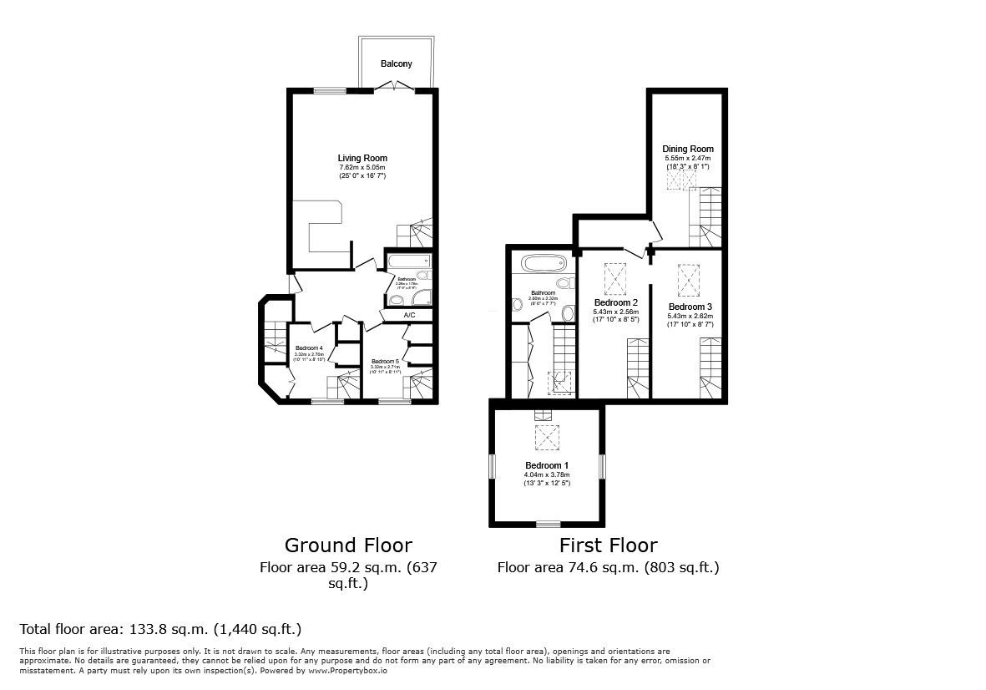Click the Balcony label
pos(397,64)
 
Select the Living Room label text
pos(362,158)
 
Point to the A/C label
pos(409,315)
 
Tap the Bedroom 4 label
pos(309,348)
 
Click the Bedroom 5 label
pos(385,361)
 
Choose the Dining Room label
pos(689,149)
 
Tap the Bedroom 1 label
pos(547,465)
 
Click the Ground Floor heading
pos(348,545)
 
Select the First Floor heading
pos(608,545)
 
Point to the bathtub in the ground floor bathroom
pos(407,261)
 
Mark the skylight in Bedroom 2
pos(616,279)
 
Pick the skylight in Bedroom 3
pos(689,280)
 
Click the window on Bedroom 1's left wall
pos(493,465)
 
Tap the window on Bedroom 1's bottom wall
pos(548,524)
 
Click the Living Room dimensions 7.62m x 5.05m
pos(362,167)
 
